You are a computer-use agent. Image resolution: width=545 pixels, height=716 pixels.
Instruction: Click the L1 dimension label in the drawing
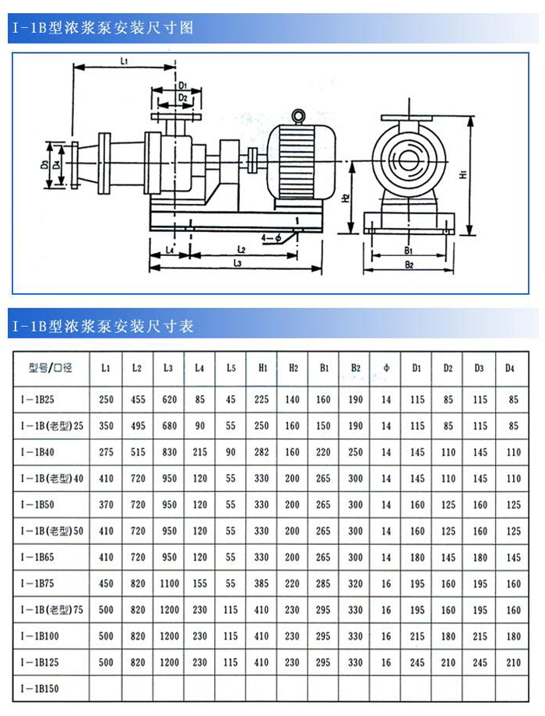point(124,60)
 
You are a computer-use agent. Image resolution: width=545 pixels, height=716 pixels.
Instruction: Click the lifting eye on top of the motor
point(298,118)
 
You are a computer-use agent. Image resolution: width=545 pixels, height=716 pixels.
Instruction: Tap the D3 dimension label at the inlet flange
point(45,165)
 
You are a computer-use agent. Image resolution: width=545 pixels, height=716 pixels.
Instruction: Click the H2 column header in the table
point(293,368)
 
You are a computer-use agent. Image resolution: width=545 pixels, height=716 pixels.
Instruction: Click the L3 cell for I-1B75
point(168,584)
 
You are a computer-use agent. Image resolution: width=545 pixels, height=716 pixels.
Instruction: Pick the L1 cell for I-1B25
point(107,400)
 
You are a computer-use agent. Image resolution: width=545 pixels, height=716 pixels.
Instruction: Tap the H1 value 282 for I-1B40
point(262,452)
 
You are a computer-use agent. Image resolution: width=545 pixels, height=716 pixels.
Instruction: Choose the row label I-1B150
point(38,689)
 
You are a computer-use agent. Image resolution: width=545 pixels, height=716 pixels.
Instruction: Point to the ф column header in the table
point(386,368)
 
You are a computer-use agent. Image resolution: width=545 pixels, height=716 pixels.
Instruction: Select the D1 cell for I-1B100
point(417,637)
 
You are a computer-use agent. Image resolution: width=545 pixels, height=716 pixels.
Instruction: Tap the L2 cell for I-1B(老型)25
point(138,426)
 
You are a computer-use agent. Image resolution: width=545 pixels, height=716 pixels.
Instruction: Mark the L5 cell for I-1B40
point(231,452)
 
